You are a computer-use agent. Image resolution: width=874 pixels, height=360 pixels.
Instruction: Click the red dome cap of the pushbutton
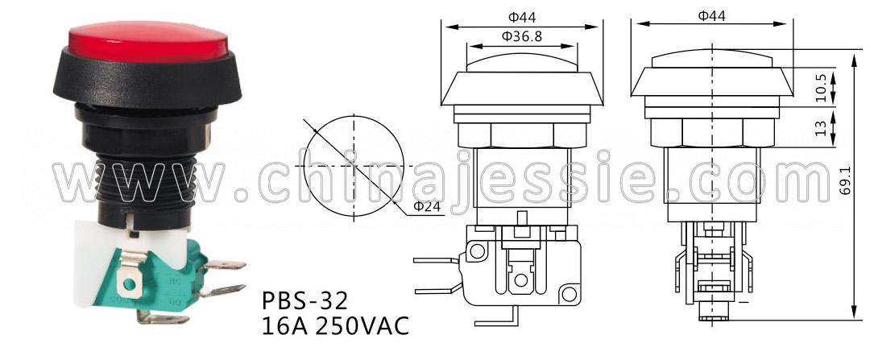[x=148, y=42]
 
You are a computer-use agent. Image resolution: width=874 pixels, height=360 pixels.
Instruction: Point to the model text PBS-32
[x=305, y=302]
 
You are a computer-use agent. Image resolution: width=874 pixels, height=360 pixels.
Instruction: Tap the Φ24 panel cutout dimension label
[x=427, y=207]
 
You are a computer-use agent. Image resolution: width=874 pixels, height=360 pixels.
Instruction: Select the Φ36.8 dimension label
[x=522, y=37]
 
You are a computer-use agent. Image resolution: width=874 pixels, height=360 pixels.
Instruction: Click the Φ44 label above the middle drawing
[x=522, y=17]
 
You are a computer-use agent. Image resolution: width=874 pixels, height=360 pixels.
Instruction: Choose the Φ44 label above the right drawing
[x=712, y=16]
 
